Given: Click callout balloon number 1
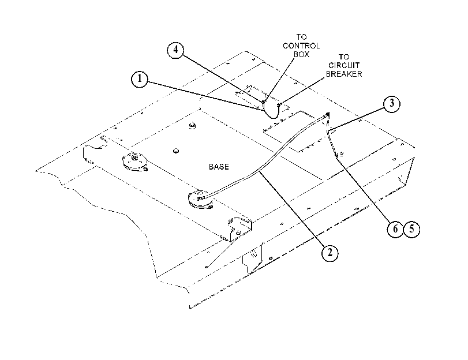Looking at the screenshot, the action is point(140,80).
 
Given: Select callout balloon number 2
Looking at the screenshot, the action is point(330,253).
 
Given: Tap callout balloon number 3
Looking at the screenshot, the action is point(392,104).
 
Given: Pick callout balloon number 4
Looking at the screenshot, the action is point(175,50).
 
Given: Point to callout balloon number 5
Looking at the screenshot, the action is point(412,229).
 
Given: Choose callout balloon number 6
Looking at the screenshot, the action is point(395,229).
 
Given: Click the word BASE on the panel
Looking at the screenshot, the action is point(219,167).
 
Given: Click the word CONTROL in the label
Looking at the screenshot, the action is point(301,46).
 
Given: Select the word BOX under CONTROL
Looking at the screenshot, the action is point(301,54).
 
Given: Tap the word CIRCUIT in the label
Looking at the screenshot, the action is point(344,65).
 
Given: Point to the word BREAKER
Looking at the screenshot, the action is point(344,74).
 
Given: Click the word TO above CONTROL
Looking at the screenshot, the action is point(301,37).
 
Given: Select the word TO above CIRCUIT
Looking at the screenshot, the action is point(344,57).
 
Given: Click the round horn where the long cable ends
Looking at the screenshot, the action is point(201,200).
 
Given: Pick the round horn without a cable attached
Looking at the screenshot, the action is point(135,162).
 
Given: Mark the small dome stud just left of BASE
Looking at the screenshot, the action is point(176,151).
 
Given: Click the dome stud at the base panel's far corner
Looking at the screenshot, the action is point(193,125).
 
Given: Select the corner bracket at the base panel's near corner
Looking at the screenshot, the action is point(239,228).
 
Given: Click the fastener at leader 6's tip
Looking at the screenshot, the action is point(336,155).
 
